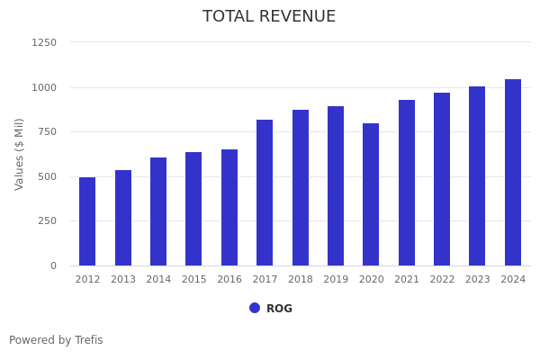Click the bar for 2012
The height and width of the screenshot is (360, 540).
(x=87, y=221)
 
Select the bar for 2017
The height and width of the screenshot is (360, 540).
(x=265, y=193)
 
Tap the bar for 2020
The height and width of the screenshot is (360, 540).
(x=371, y=194)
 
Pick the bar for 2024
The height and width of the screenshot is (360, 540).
(x=513, y=173)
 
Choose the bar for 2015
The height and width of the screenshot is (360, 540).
(x=193, y=209)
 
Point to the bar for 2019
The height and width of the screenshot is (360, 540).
(x=336, y=186)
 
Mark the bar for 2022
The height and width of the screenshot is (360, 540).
(x=442, y=179)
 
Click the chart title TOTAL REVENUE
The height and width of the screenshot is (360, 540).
(x=269, y=17)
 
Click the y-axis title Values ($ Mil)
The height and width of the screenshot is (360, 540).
(x=20, y=154)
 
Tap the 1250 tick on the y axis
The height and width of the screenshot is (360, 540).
(x=44, y=42)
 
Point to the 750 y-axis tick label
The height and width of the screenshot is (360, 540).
(x=47, y=131)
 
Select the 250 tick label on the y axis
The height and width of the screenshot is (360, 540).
(x=47, y=220)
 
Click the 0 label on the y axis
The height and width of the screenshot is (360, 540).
(x=53, y=265)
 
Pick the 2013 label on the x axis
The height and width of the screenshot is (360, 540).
(x=123, y=280)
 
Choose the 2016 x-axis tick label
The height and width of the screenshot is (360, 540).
(x=229, y=280)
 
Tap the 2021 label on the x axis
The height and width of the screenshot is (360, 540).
(x=407, y=280)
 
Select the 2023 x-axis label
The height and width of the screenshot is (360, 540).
(x=478, y=280)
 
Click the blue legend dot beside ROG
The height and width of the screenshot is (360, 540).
(x=255, y=308)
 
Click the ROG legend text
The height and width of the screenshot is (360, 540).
(x=279, y=309)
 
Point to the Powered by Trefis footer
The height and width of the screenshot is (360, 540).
(x=56, y=340)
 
